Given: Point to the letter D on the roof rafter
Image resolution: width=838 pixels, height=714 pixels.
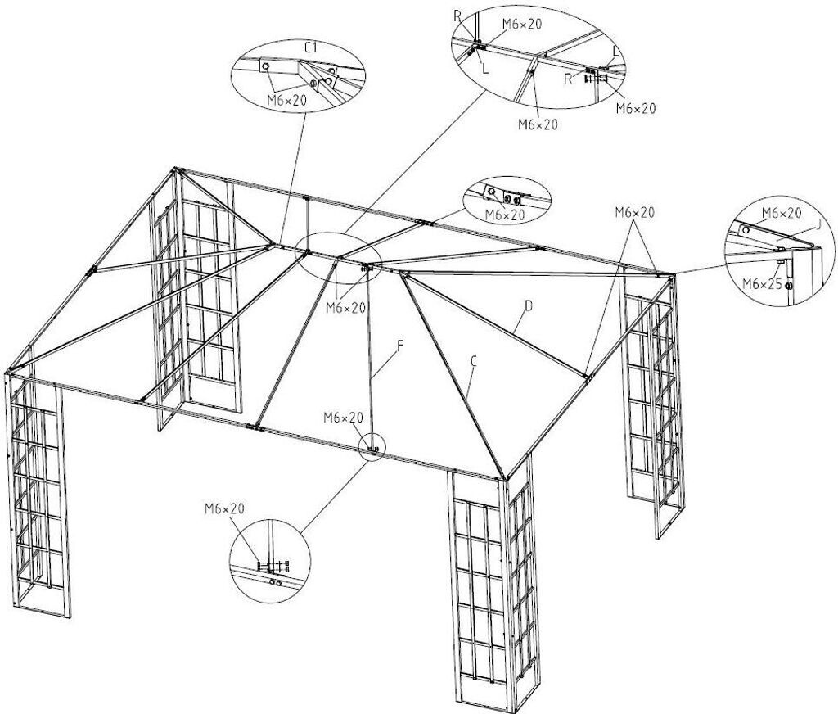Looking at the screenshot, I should point(529,306).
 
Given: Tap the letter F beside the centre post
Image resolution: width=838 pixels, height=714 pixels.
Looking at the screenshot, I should point(400,346).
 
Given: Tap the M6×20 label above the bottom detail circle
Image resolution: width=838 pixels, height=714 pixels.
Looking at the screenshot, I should point(224,508).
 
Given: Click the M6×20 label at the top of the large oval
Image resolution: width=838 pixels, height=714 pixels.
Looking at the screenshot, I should point(522,24).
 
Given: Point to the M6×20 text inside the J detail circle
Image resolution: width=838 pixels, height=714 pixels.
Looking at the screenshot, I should point(782,213).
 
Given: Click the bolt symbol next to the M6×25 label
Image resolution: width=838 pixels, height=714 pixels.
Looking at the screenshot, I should point(789,286).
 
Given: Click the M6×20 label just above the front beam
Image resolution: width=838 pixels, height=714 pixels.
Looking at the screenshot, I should point(342,418).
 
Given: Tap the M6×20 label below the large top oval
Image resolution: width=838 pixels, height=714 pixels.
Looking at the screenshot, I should point(538,124).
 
